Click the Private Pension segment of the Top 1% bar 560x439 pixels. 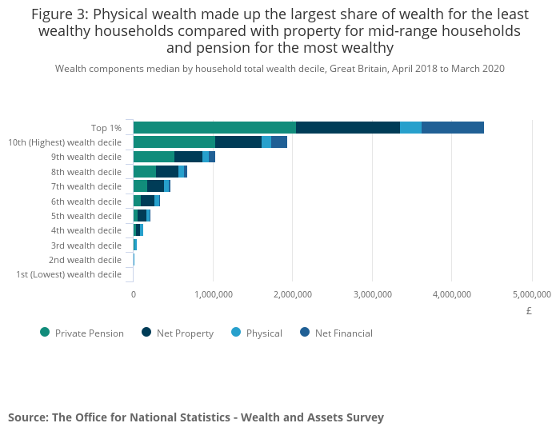pyautogui.click(x=214, y=128)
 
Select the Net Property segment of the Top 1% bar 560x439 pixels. pyautogui.click(x=347, y=128)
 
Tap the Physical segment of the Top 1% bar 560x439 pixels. pyautogui.click(x=410, y=128)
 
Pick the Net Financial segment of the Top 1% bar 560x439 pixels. pyautogui.click(x=452, y=128)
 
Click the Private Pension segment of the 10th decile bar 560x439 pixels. pyautogui.click(x=174, y=142)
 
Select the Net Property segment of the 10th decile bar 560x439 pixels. pyautogui.click(x=238, y=142)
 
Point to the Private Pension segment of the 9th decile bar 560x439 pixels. pyautogui.click(x=154, y=157)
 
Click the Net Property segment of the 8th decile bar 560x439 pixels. pyautogui.click(x=166, y=172)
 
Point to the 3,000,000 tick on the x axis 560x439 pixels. pyautogui.click(x=372, y=294)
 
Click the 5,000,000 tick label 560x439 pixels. pyautogui.click(x=531, y=294)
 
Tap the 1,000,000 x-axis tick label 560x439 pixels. pyautogui.click(x=213, y=294)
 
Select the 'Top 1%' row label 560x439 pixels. pyautogui.click(x=106, y=128)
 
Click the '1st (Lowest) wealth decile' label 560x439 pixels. pyautogui.click(x=69, y=274)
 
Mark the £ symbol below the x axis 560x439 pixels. pyautogui.click(x=529, y=311)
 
